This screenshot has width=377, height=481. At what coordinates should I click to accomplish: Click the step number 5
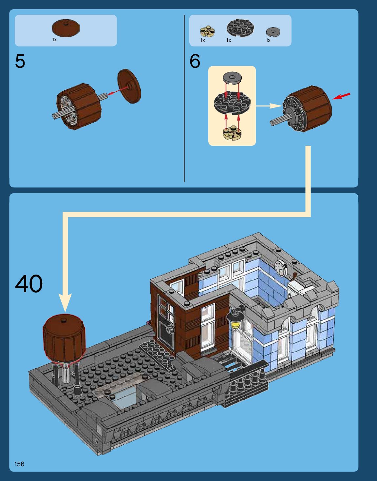pos(20,61)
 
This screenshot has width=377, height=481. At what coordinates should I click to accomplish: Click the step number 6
pos(195,61)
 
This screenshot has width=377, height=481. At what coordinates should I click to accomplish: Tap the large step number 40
pos(29,284)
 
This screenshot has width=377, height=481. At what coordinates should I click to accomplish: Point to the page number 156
pos(19,464)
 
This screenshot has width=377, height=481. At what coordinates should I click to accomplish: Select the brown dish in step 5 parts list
pos(66,28)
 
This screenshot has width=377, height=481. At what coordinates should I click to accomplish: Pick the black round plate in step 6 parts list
pos(240,28)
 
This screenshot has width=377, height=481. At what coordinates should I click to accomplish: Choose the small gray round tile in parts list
pos(273,32)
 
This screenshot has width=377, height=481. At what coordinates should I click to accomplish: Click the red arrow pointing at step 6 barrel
pos(341,96)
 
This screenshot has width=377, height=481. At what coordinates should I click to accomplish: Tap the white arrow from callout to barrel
pos(269,106)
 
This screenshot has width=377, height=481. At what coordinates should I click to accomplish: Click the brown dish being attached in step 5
pos(129,86)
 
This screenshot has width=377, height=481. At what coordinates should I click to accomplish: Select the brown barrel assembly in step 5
pos(79,106)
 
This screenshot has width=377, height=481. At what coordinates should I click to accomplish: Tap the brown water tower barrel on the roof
pos(64,337)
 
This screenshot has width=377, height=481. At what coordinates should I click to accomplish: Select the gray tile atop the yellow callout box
pos(232,78)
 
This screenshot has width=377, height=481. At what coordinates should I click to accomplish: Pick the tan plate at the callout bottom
pos(232,132)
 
